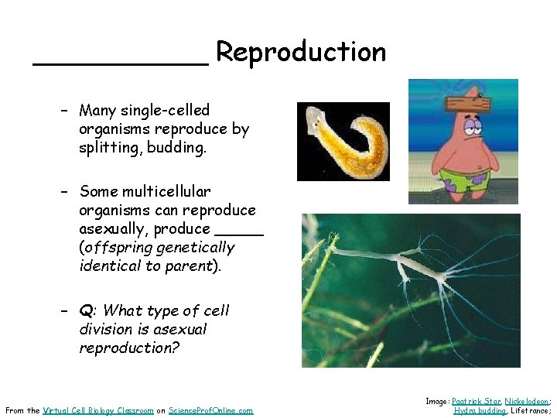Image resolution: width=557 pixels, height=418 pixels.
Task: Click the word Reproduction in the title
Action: (x=300, y=52)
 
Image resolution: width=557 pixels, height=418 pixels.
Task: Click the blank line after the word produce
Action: (x=239, y=231)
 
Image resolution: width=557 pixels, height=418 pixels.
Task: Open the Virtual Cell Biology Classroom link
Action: (x=98, y=410)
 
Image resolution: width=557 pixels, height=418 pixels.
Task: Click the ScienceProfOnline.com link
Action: (x=211, y=410)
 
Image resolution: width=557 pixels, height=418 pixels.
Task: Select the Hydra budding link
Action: (x=480, y=410)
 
